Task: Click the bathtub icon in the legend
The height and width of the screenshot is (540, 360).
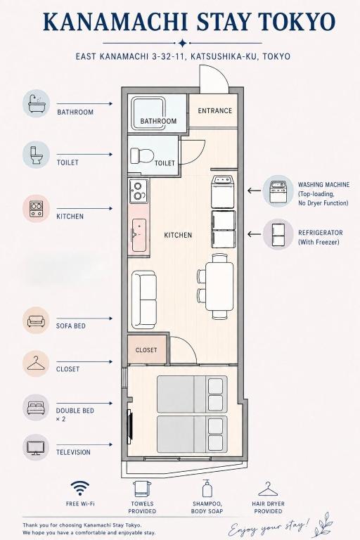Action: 36,103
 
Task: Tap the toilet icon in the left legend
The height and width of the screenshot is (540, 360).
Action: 36,155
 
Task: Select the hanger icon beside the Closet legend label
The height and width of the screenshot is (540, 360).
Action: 36,364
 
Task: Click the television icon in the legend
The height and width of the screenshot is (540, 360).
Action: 36,447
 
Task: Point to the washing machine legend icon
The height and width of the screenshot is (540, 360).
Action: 278,191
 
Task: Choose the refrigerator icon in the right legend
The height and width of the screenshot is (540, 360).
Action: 278,235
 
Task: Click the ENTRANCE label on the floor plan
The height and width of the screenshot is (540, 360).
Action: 215,110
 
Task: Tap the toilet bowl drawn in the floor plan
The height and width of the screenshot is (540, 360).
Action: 142,155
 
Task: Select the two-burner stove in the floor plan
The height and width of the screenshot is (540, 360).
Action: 139,191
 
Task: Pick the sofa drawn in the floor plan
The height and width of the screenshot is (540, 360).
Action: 144,300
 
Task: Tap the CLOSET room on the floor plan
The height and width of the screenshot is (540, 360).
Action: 147,350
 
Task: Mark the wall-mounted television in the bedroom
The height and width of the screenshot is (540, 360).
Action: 130,426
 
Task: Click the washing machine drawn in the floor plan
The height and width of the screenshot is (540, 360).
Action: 223,192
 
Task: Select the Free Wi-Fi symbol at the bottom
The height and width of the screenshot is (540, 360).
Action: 80,489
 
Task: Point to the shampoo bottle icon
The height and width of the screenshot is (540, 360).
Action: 207,488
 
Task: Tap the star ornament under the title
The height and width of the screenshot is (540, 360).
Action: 182,43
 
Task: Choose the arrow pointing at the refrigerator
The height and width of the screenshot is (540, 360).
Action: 255,235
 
